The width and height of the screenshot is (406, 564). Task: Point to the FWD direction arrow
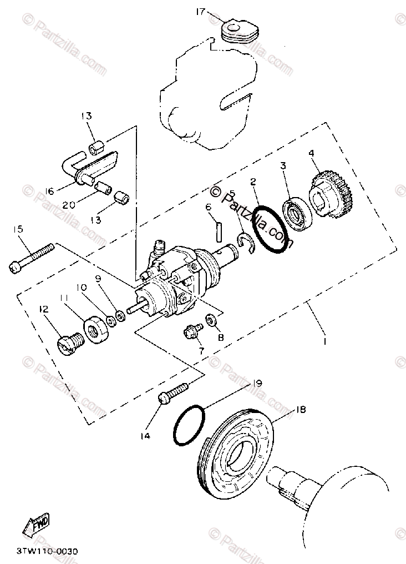[36, 522]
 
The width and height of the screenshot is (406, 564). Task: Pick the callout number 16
[50, 191]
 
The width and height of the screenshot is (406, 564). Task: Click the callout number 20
[69, 205]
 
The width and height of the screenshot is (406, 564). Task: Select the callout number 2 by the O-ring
[253, 182]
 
